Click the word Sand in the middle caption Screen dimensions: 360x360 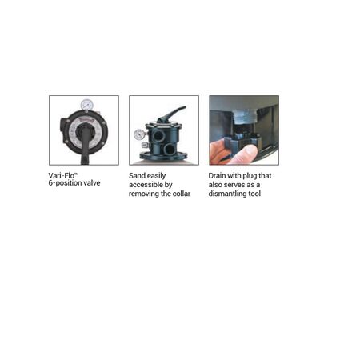[138, 174]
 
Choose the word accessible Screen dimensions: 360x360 [146, 183]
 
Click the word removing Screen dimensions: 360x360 [146, 193]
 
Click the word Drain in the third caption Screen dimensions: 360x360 [218, 174]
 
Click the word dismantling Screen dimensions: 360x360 [230, 193]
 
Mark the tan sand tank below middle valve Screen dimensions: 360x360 [164, 160]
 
